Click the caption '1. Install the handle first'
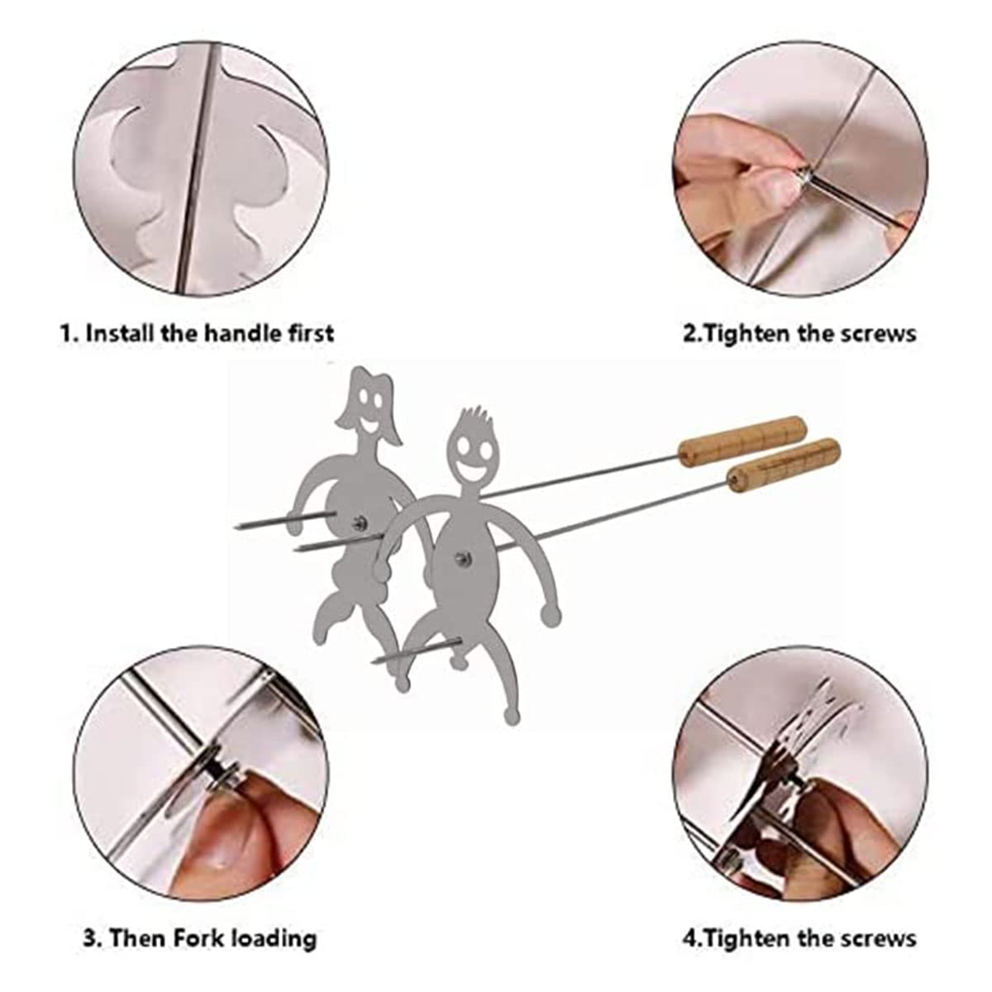[197, 333]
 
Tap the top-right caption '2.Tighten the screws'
[799, 333]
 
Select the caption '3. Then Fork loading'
[199, 938]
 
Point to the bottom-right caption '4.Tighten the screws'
[799, 938]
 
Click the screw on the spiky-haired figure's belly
[464, 563]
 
